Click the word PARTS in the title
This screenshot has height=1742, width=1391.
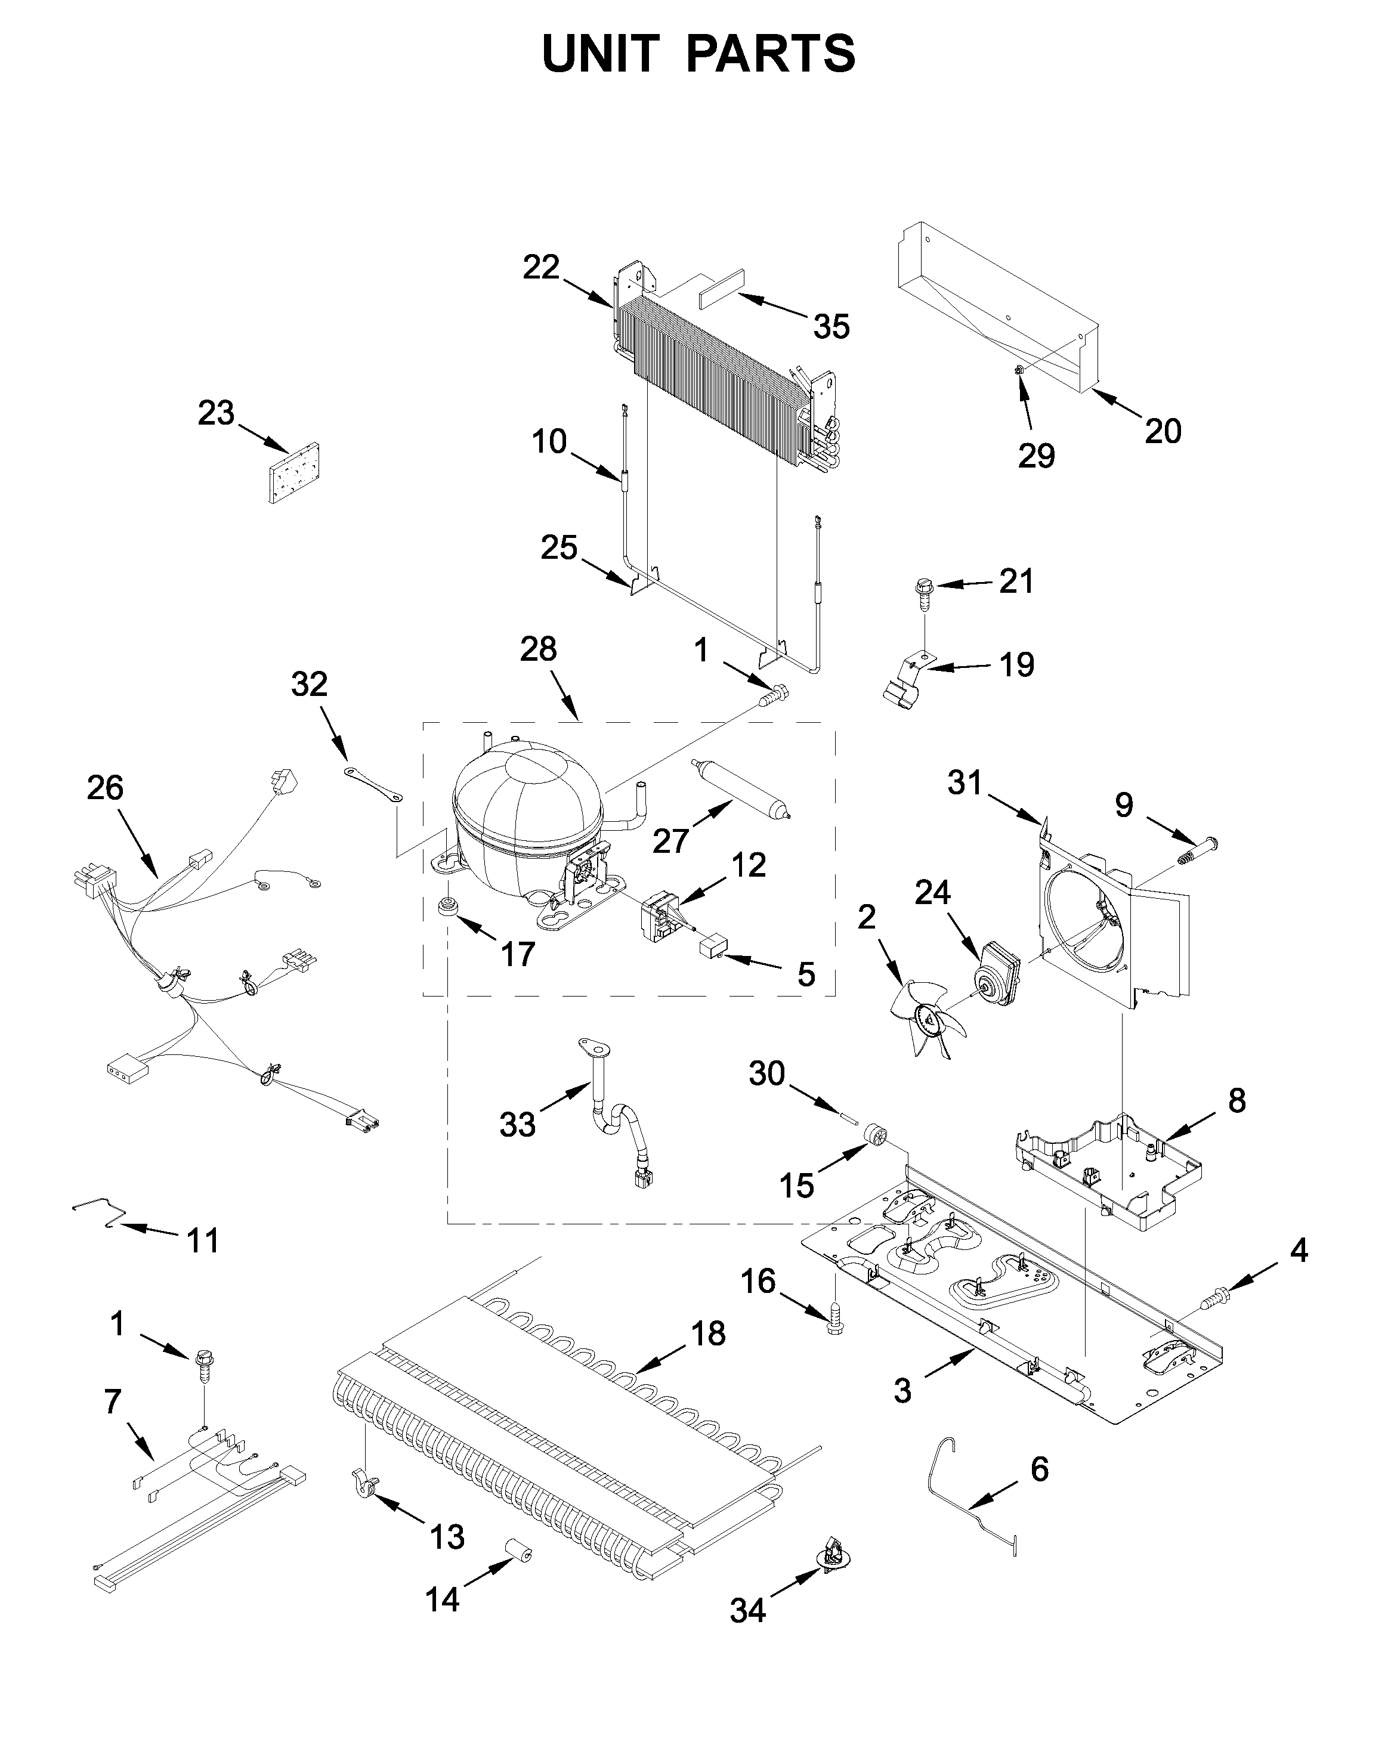click(770, 54)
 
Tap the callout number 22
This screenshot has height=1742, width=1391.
click(541, 267)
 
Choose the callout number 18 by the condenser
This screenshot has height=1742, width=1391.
click(708, 1334)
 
